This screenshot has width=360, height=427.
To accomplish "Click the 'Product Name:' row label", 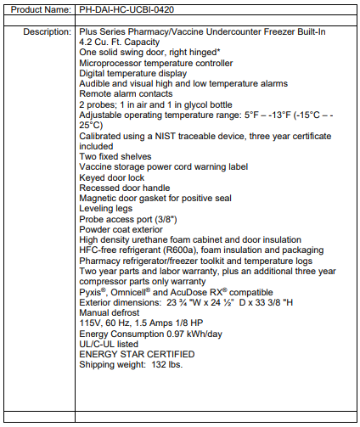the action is [37, 9].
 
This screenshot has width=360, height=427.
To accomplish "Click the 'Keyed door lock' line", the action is [112, 177].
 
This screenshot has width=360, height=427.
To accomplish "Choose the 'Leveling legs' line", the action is [106, 207].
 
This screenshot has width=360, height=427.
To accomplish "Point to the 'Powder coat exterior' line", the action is [121, 228].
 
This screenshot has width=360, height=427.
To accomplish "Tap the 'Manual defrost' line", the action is [110, 312].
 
